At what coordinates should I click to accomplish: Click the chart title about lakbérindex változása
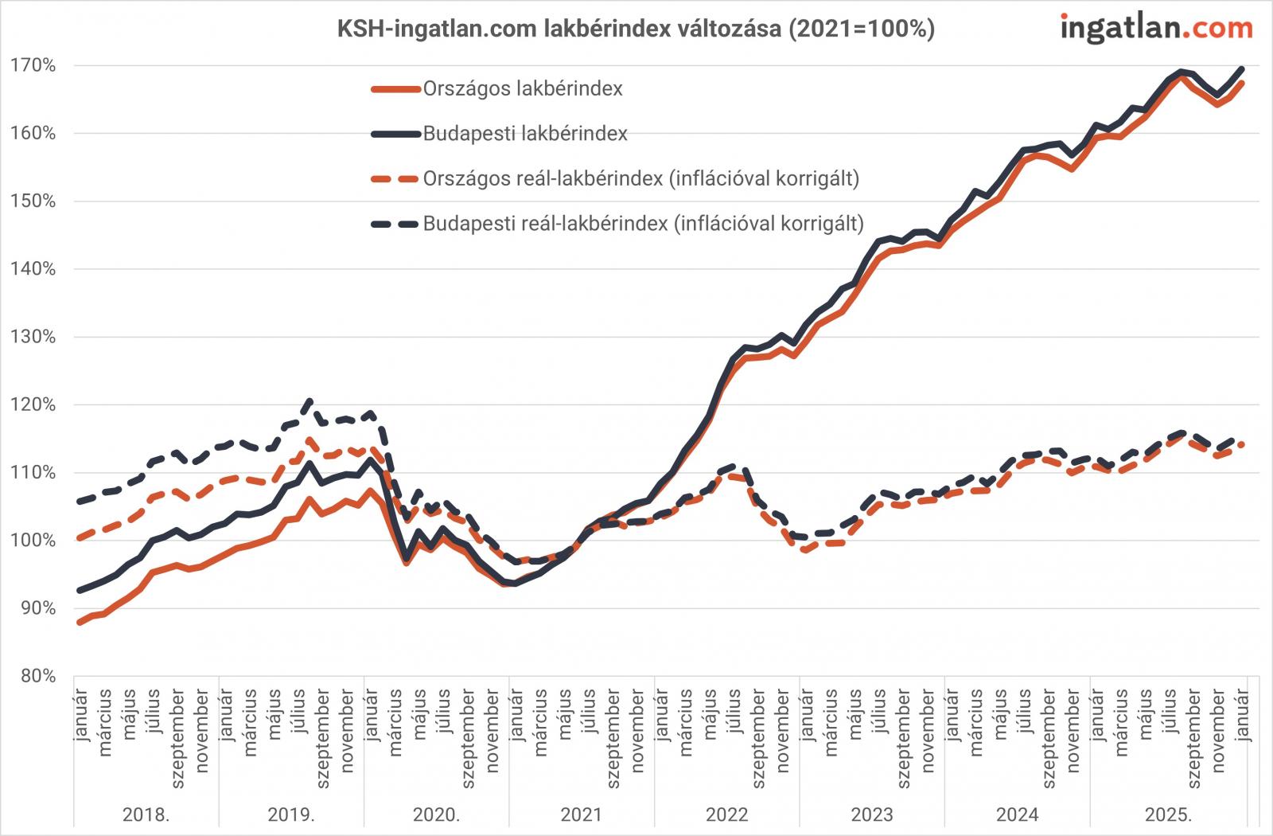click(636, 29)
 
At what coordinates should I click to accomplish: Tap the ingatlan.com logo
click(1156, 29)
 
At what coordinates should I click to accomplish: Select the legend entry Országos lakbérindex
click(522, 88)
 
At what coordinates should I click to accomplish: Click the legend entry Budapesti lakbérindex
click(524, 134)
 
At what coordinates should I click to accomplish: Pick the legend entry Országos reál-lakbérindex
click(640, 178)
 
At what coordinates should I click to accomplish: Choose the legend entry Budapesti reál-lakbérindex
click(643, 224)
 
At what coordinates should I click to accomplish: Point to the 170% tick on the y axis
click(33, 66)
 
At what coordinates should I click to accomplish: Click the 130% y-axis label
click(33, 338)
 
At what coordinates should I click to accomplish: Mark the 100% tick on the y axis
click(33, 541)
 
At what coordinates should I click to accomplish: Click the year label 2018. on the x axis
click(146, 815)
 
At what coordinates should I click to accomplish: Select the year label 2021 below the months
click(582, 815)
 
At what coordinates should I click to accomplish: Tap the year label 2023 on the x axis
click(872, 815)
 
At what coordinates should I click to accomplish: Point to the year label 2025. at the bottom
click(1168, 815)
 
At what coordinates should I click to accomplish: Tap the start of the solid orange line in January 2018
click(78, 623)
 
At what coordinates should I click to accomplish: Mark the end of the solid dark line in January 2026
click(1243, 68)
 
